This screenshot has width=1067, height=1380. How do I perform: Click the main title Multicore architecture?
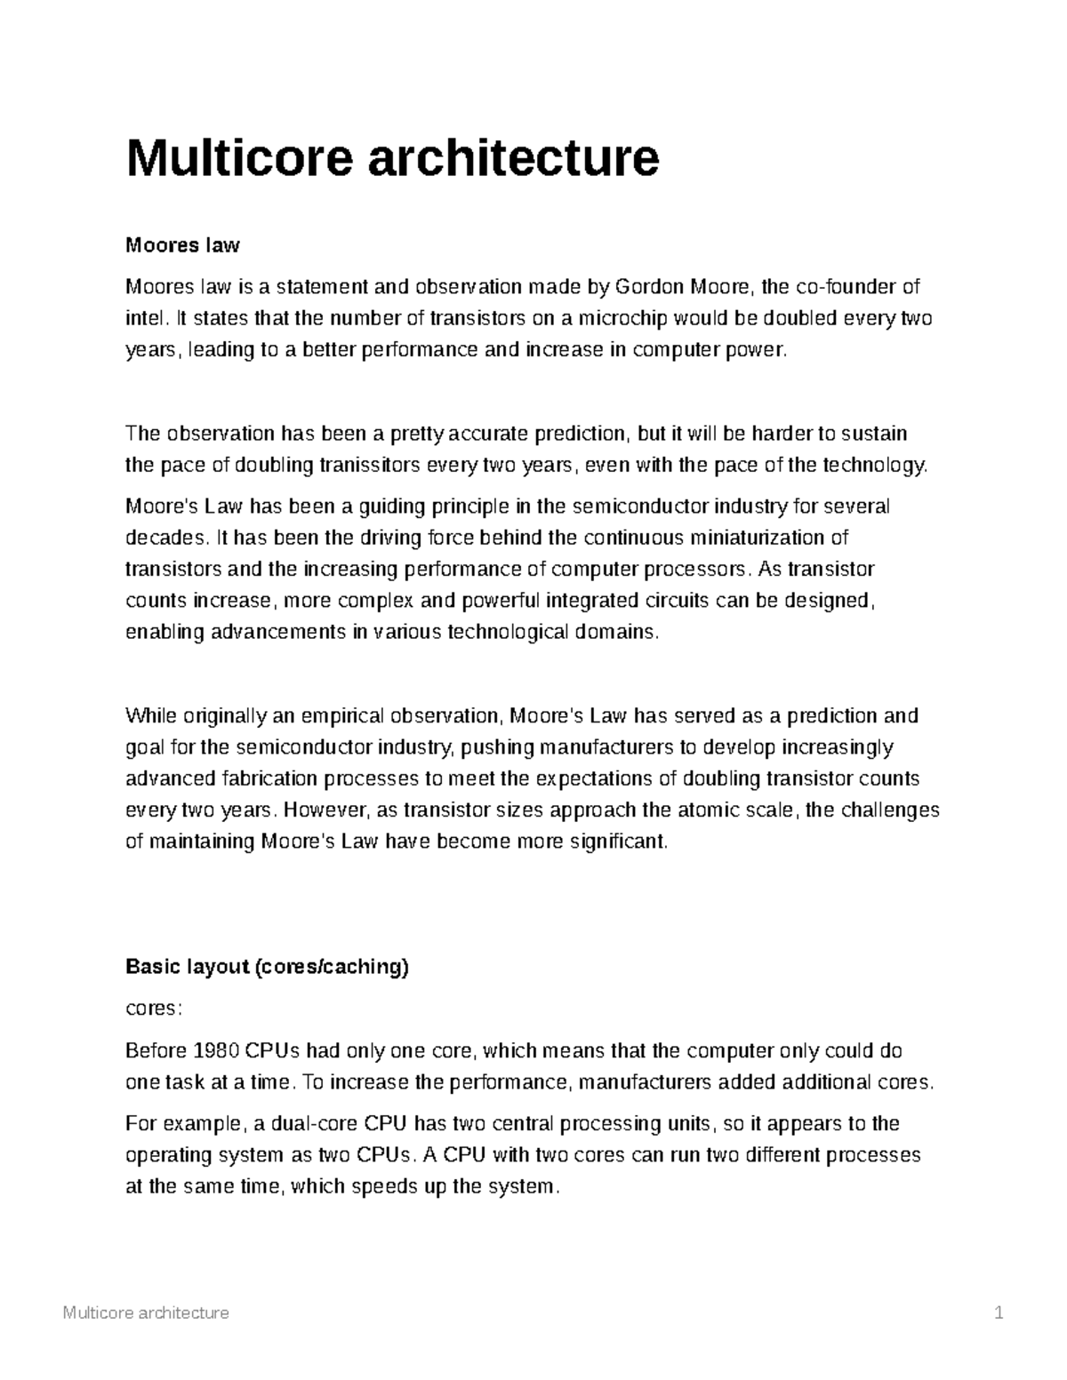(x=392, y=157)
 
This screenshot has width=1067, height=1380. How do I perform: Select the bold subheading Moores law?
(x=182, y=244)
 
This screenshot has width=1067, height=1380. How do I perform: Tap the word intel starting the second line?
(x=145, y=318)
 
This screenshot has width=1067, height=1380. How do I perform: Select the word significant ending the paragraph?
(x=618, y=842)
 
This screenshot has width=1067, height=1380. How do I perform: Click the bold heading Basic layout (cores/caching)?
(x=267, y=968)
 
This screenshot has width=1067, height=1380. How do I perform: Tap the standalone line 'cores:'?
(x=154, y=1009)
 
